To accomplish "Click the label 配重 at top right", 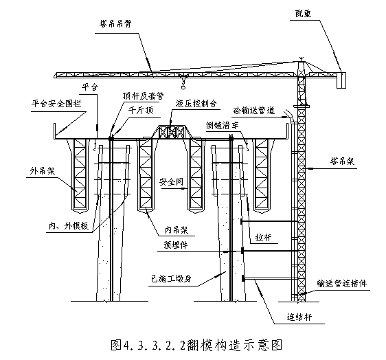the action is tap(304, 14).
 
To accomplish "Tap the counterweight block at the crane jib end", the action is tap(341, 80).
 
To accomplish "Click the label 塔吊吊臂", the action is tap(115, 24).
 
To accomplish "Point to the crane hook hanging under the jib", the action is tap(183, 83).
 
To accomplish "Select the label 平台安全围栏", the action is tap(56, 104).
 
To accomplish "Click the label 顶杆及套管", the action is tap(143, 95).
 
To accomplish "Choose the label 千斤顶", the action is tap(141, 110).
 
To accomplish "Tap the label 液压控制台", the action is tap(196, 104).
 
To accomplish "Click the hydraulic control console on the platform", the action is tap(171, 132).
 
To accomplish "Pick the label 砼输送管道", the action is tap(254, 111).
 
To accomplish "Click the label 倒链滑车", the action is tap(223, 125).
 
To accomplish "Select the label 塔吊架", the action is tap(342, 161).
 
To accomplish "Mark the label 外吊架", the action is tap(42, 171).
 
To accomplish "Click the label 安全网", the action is tap(171, 182).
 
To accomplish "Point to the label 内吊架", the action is tap(177, 230).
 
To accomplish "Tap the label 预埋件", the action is tap(176, 245).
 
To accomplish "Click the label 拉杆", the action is tap(264, 238).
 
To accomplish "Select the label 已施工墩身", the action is tap(171, 279).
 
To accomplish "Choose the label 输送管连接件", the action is tap(341, 284).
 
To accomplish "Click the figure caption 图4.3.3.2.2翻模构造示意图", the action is tap(196, 345).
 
